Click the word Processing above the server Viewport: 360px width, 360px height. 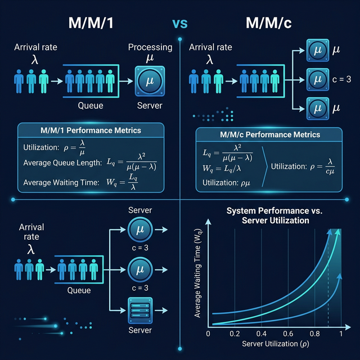[150, 48]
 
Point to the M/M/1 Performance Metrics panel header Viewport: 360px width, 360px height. [91, 130]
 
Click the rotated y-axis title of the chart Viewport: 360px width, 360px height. [198, 276]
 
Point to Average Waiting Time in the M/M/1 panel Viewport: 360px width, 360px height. [60, 182]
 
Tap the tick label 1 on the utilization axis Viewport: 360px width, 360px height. [339, 334]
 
